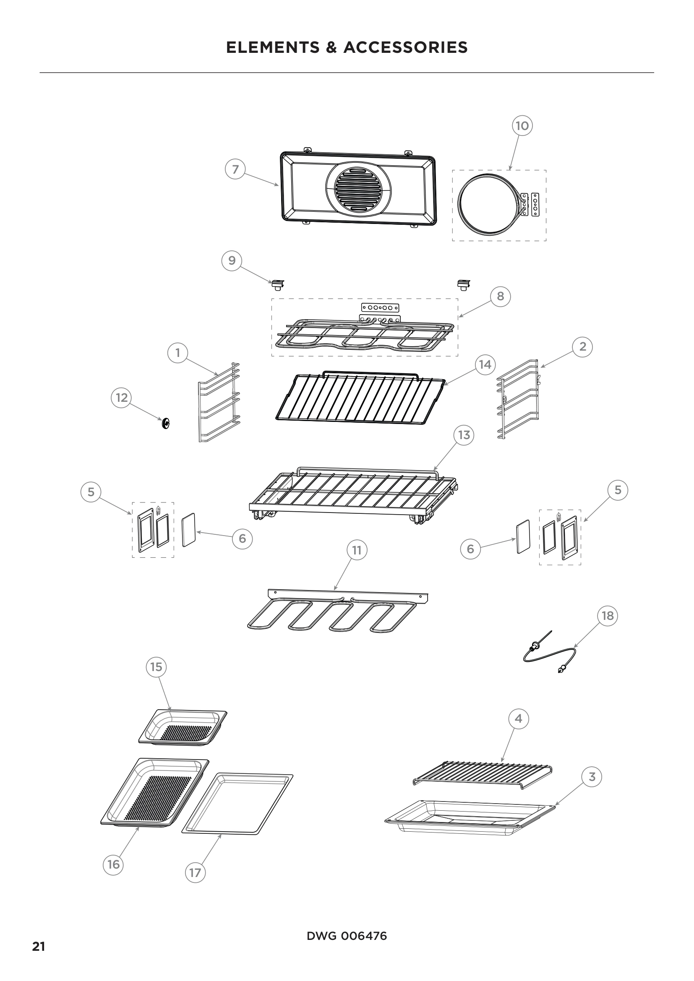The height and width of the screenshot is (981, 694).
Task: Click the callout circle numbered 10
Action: pyautogui.click(x=522, y=126)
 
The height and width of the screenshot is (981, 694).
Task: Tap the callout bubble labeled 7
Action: pyautogui.click(x=235, y=169)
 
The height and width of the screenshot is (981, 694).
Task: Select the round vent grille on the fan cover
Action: pyautogui.click(x=357, y=189)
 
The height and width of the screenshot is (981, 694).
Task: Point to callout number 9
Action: pyautogui.click(x=232, y=260)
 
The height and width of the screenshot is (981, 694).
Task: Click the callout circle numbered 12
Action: pyautogui.click(x=122, y=398)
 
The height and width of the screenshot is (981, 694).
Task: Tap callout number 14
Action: pyautogui.click(x=485, y=364)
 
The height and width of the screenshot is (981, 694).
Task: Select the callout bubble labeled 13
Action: pyautogui.click(x=464, y=435)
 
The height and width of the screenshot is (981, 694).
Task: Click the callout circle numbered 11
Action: pyautogui.click(x=357, y=550)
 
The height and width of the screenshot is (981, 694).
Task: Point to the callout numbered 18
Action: pyautogui.click(x=607, y=616)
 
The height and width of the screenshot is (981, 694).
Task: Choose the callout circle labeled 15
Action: pyautogui.click(x=156, y=667)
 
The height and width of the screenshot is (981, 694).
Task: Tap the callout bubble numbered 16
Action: pyautogui.click(x=113, y=864)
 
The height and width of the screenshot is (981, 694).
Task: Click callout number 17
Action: pyautogui.click(x=195, y=872)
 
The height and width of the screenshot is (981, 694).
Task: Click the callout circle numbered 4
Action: pyautogui.click(x=518, y=719)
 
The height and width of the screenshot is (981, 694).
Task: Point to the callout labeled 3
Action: pyautogui.click(x=592, y=777)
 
